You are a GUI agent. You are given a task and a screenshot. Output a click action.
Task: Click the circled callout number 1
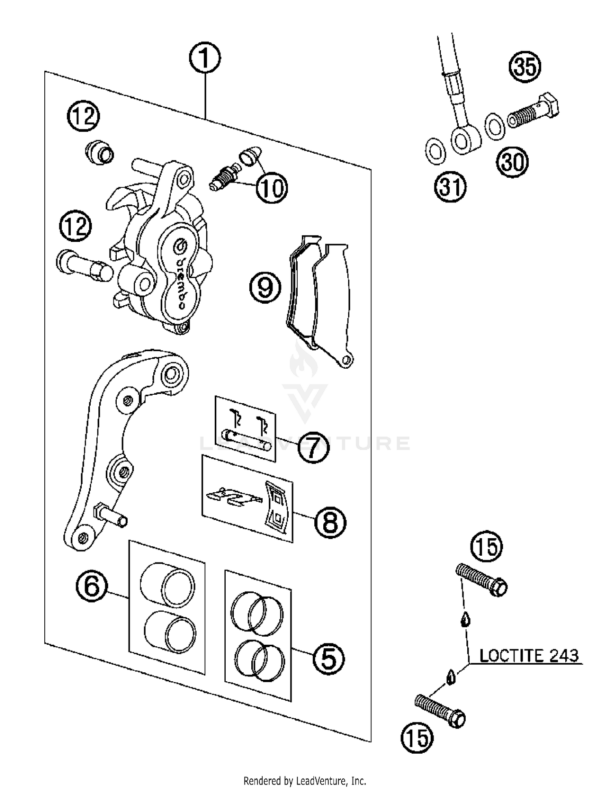205,58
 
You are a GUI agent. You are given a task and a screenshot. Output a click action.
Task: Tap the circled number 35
525,67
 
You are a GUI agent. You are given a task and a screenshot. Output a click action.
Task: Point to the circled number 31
451,187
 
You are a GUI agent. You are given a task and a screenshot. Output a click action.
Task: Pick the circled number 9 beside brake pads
265,287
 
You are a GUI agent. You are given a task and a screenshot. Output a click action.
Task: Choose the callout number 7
313,448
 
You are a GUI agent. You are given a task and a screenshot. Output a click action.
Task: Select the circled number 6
92,586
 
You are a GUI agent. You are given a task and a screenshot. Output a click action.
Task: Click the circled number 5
329,658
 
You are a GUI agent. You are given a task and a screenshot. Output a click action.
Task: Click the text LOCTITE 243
529,656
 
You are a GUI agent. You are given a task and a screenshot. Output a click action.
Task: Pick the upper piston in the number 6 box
168,585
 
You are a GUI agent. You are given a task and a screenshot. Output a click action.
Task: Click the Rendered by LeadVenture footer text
305,780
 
